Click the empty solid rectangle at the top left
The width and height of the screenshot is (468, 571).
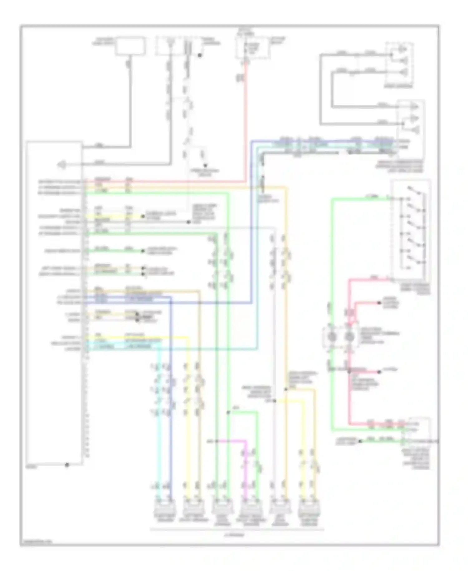[130, 46]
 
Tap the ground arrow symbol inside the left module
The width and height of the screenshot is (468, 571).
[61, 165]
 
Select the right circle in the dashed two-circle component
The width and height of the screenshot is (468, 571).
[349, 336]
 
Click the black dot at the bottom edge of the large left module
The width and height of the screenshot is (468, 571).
[66, 465]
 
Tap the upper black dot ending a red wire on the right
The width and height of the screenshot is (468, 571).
[379, 303]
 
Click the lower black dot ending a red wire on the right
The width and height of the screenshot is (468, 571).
[379, 372]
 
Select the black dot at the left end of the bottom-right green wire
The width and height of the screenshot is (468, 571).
[360, 441]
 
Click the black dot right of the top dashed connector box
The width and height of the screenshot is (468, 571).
[200, 56]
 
